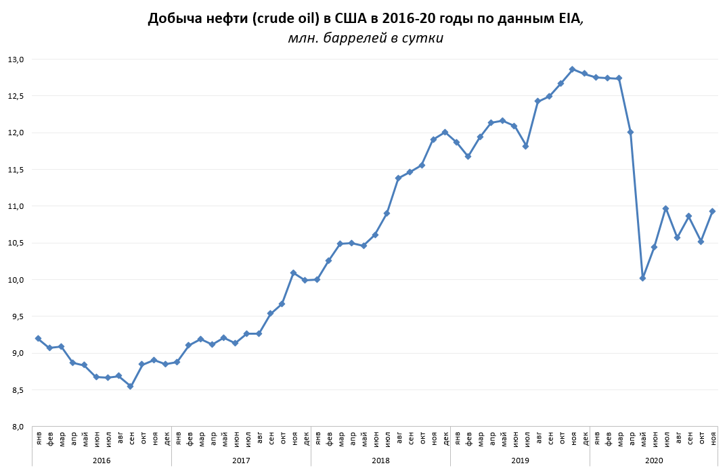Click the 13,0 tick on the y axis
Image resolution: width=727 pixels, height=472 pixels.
pyautogui.click(x=16, y=60)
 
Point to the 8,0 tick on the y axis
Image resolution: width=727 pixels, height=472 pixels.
pyautogui.click(x=16, y=427)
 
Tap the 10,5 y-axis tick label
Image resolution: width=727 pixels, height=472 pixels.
pyautogui.click(x=16, y=243)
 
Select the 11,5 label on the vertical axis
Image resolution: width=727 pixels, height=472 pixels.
pyautogui.click(x=16, y=169)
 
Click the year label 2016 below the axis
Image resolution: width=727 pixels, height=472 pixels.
pyautogui.click(x=102, y=460)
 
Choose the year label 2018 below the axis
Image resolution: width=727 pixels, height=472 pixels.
pyautogui.click(x=380, y=460)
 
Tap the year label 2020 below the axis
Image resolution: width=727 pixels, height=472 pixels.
pyautogui.click(x=654, y=460)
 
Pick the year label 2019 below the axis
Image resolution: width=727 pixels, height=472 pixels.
pyautogui.click(x=520, y=460)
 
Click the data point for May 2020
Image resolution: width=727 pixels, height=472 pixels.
pyautogui.click(x=642, y=278)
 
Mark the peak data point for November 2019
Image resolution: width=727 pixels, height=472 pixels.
pyautogui.click(x=572, y=69)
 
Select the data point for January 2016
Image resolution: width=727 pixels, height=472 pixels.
pyautogui.click(x=38, y=338)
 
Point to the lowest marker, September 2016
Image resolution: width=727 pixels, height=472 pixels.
pyautogui.click(x=131, y=386)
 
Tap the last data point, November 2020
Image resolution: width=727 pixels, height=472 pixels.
pyautogui.click(x=712, y=211)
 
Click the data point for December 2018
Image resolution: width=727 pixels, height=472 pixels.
pyautogui.click(x=445, y=132)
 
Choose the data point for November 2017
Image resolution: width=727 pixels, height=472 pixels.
pyautogui.click(x=293, y=273)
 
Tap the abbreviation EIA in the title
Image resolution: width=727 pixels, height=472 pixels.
pyautogui.click(x=567, y=18)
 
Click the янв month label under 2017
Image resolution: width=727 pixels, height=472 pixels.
pyautogui.click(x=177, y=438)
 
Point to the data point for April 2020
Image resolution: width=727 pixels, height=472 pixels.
pyautogui.click(x=630, y=132)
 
